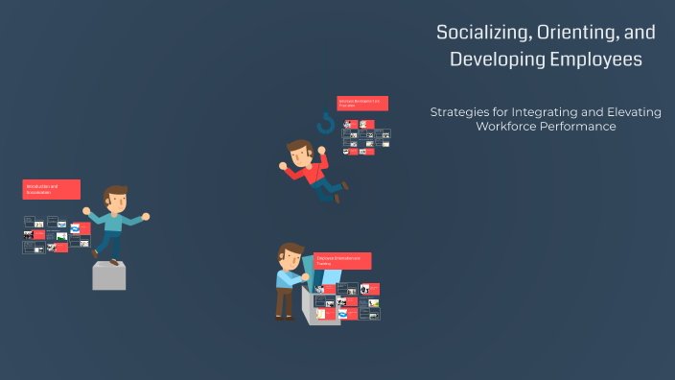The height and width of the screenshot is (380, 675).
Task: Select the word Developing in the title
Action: (495, 59)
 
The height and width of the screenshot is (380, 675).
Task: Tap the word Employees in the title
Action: (595, 59)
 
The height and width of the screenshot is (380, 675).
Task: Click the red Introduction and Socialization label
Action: (51, 189)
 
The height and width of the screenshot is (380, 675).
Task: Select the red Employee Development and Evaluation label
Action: (362, 103)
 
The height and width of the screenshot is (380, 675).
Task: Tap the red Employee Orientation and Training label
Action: (342, 261)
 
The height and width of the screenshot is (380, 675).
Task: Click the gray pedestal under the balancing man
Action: (108, 276)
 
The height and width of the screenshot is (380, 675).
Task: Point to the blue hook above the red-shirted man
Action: (326, 123)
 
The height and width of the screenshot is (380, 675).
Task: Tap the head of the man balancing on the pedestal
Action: (116, 199)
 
